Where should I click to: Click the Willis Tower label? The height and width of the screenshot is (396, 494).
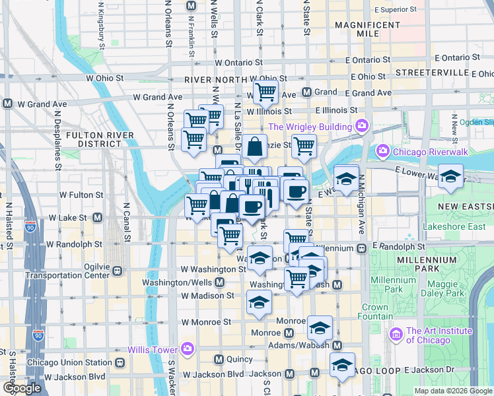tap(153, 349)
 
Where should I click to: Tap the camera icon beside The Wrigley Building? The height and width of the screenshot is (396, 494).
tap(361, 126)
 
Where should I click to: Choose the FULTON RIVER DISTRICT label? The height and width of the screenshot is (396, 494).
tap(100, 140)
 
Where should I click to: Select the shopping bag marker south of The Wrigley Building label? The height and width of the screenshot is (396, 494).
tap(254, 147)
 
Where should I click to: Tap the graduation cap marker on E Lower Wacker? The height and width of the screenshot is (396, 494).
tap(451, 176)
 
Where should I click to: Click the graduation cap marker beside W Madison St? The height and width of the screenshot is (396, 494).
tap(258, 302)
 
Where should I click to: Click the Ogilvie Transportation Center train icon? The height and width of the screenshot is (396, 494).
tap(118, 270)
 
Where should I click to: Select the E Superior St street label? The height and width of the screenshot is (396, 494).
tap(395, 10)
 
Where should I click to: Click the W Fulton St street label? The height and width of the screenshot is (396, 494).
tap(81, 195)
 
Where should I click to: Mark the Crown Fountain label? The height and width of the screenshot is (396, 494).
tap(374, 312)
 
